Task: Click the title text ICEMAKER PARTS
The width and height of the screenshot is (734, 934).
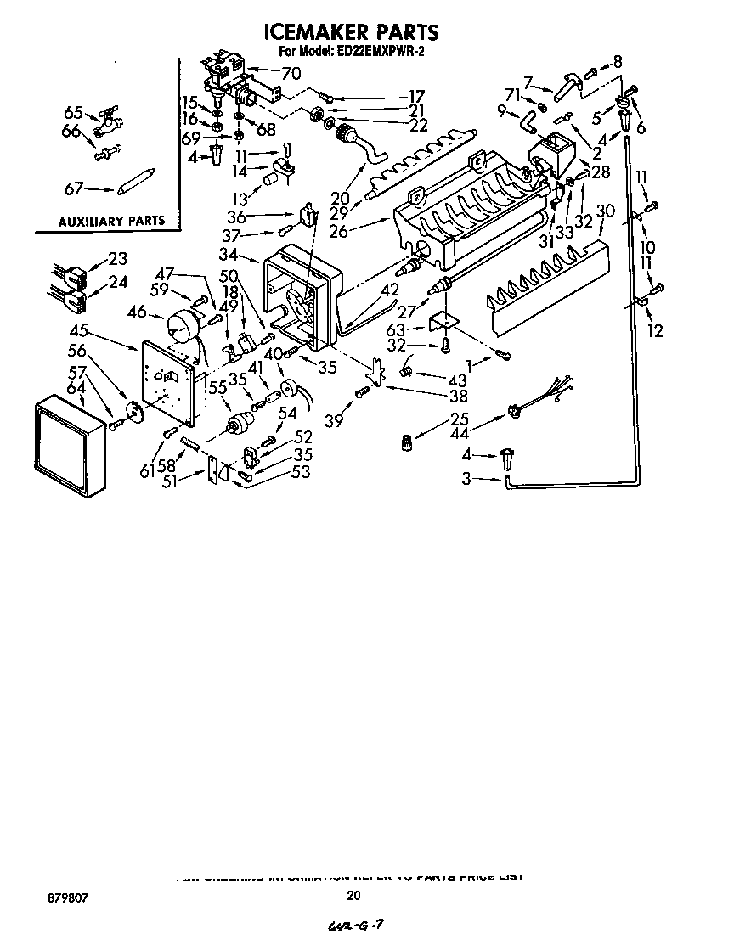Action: coord(352,32)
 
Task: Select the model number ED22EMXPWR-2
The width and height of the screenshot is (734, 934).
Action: coord(381,53)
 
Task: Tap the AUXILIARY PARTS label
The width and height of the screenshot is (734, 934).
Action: coord(110,222)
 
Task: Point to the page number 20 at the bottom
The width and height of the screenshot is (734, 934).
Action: coord(354,894)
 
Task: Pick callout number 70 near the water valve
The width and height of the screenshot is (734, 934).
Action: coord(291,73)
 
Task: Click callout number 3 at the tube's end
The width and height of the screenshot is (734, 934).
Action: coord(466,480)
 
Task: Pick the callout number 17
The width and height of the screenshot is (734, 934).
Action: coord(416,96)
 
